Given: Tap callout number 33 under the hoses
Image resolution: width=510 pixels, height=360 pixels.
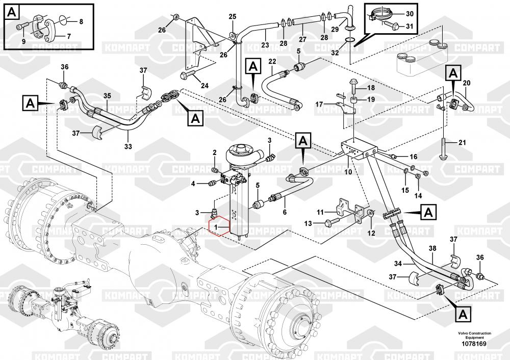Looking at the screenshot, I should pyautogui.click(x=128, y=146).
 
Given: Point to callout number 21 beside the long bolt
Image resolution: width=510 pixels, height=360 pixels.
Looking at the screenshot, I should pyautogui.click(x=462, y=142).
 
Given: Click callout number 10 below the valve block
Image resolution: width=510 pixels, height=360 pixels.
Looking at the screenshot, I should pyautogui.click(x=348, y=172).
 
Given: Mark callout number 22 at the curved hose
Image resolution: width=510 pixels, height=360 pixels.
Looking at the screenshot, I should pyautogui.click(x=272, y=62).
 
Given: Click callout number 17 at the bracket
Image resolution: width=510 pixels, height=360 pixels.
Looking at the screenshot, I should pyautogui.click(x=319, y=104).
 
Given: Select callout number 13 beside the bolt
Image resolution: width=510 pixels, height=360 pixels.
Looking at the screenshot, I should pyautogui.click(x=308, y=223).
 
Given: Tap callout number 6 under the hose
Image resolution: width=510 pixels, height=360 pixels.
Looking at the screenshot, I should pyautogui.click(x=285, y=212).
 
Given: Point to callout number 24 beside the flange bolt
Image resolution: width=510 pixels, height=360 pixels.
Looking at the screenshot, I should pyautogui.click(x=205, y=85).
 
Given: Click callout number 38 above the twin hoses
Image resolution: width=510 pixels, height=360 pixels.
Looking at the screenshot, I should pyautogui.click(x=432, y=249).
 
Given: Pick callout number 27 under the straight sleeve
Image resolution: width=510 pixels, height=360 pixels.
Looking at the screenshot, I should pyautogui.click(x=302, y=39).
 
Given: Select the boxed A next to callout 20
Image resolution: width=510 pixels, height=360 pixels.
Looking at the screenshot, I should pyautogui.click(x=452, y=73).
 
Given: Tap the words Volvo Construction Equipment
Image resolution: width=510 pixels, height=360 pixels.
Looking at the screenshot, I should pyautogui.click(x=474, y=336).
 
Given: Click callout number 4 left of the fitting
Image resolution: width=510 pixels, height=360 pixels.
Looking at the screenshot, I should pyautogui.click(x=193, y=184).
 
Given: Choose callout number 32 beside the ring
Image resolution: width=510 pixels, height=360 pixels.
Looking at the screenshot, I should pyautogui.click(x=334, y=52).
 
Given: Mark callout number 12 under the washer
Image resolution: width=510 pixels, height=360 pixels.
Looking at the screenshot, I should pyautogui.click(x=371, y=233).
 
